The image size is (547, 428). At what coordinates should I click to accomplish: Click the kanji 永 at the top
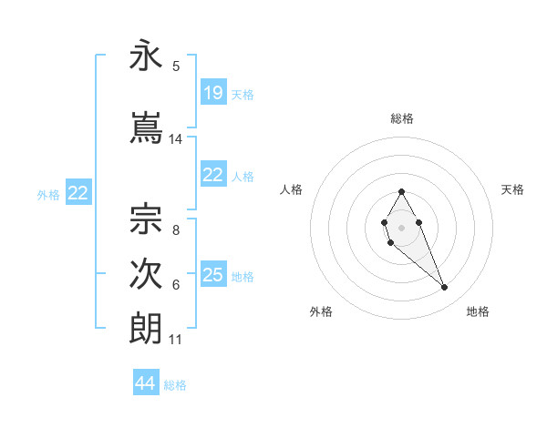pyautogui.click(x=147, y=57)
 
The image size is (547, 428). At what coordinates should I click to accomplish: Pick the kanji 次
pyautogui.click(x=147, y=275)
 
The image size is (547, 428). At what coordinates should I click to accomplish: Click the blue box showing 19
pyautogui.click(x=213, y=93)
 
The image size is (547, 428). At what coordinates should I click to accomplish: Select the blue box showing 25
pyautogui.click(x=213, y=275)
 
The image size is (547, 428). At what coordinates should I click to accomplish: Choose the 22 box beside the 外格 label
pyautogui.click(x=78, y=193)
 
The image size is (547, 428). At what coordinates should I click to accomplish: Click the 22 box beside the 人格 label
pyautogui.click(x=213, y=175)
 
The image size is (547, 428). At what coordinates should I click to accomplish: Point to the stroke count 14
pyautogui.click(x=176, y=139)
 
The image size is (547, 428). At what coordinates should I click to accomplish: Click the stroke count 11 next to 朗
pyautogui.click(x=176, y=340)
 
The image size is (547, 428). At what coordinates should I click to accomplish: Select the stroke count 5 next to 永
pyautogui.click(x=176, y=66)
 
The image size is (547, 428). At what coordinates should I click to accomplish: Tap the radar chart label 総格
pyautogui.click(x=402, y=118)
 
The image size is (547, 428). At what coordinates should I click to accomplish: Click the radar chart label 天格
pyautogui.click(x=512, y=189)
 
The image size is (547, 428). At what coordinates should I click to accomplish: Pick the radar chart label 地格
pyautogui.click(x=478, y=312)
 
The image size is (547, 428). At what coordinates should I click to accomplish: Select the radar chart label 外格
pyautogui.click(x=321, y=312)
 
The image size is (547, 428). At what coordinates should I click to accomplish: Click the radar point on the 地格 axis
pyautogui.click(x=445, y=288)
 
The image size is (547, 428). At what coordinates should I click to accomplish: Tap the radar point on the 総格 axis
pyautogui.click(x=402, y=192)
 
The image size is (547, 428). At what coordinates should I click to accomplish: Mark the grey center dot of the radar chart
pyautogui.click(x=402, y=226)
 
